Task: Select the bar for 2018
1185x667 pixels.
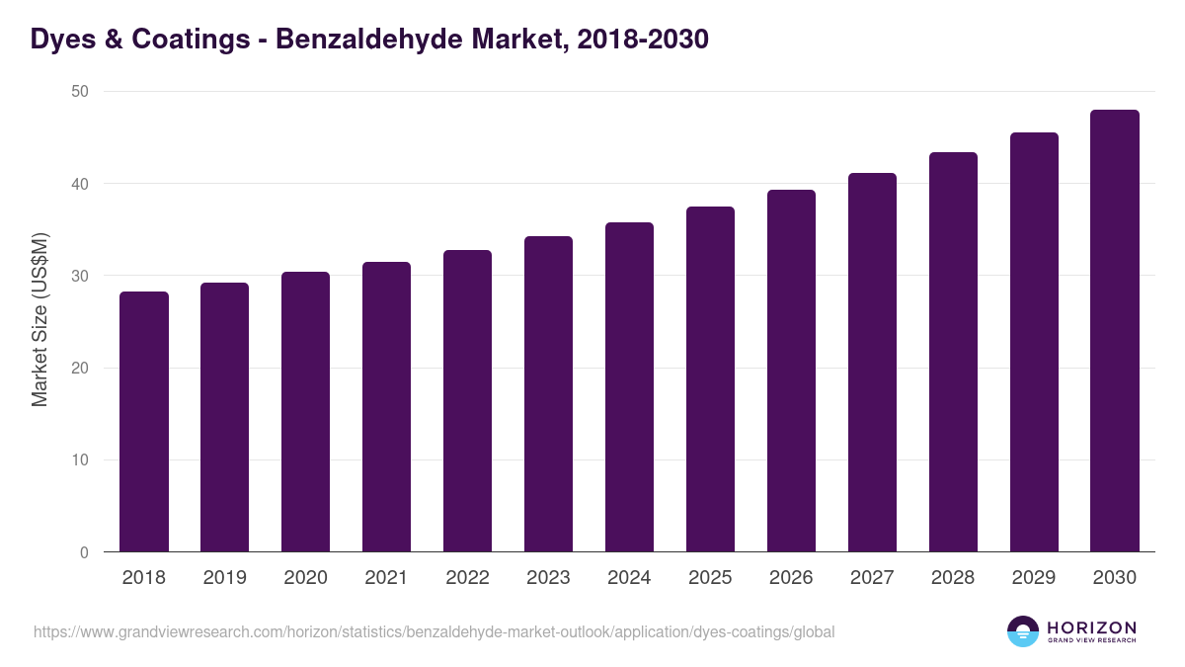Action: coord(144,422)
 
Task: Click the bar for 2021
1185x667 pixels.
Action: coord(386,407)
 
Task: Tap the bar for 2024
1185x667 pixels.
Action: coord(629,387)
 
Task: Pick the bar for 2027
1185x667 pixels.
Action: coord(872,363)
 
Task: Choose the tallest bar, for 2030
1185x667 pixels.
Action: coord(1115,331)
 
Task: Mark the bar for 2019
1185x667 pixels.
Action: coord(225,417)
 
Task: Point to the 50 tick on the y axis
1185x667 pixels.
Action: coord(79,92)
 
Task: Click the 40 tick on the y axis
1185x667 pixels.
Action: coord(79,184)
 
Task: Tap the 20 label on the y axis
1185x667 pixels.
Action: coord(79,369)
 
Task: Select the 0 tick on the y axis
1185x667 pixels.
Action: coord(84,552)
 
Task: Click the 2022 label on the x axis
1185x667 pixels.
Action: coord(467,578)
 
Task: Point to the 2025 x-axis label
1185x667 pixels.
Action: coord(710,578)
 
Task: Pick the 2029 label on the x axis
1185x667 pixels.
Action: coord(1034,578)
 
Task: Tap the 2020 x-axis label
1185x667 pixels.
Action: coord(305,578)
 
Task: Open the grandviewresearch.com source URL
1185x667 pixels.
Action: coord(434,631)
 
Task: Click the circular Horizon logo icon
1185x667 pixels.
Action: coord(1023,631)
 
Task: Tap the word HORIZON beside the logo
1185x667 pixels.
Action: coord(1092,627)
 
